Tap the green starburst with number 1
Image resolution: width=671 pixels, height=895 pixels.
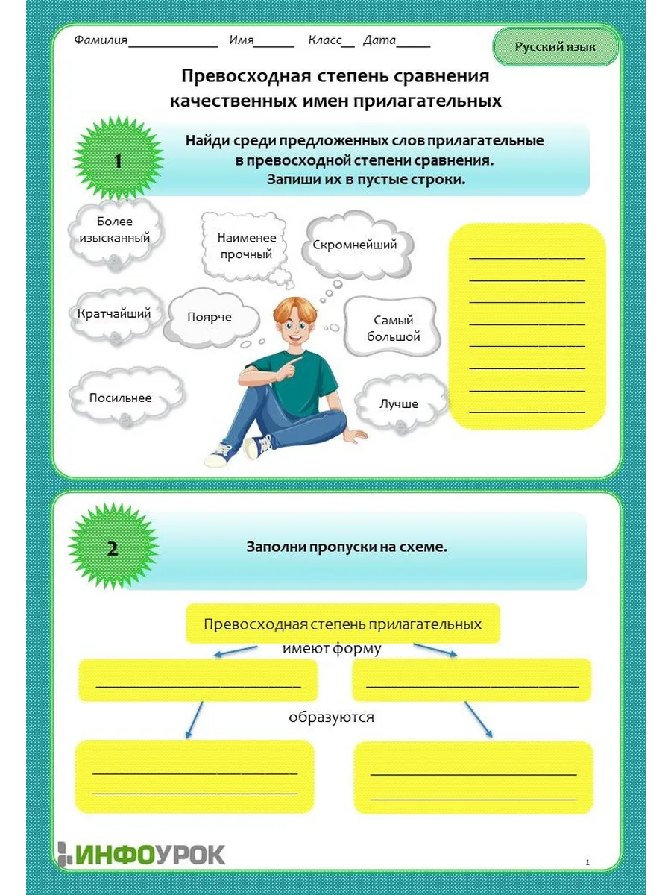118,161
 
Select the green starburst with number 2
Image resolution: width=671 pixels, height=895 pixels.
113,549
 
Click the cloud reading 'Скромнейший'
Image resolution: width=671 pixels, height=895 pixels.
354,245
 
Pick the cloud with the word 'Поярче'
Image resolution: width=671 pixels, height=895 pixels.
210,318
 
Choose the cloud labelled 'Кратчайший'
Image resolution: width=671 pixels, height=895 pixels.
114,314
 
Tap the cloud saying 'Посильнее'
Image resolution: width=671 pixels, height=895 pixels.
121,398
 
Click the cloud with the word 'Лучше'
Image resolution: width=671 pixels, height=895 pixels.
399,404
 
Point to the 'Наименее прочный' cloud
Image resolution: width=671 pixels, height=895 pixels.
247,246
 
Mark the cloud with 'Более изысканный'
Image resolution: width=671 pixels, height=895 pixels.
114,230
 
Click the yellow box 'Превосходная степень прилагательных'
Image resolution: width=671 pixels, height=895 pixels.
342,624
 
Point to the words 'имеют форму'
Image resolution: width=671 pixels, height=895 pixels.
332,649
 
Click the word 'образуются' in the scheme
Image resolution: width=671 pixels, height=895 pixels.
331,717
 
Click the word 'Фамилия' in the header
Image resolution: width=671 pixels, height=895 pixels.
101,40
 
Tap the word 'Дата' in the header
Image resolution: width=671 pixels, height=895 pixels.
379,40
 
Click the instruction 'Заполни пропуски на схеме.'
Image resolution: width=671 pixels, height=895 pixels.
347,547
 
